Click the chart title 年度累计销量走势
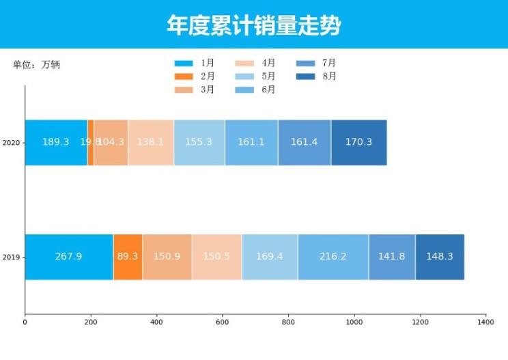pos(254,25)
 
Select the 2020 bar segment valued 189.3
pos(56,142)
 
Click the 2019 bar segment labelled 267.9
pos(69,257)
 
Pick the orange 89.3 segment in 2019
pos(128,257)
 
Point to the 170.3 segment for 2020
pos(359,142)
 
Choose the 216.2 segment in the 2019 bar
pos(333,257)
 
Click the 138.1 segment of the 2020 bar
pos(151,142)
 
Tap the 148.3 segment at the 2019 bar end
pos(440,257)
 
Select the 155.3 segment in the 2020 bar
pos(199,142)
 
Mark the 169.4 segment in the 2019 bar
pos(270,257)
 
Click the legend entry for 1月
pos(195,63)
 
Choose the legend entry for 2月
pos(195,76)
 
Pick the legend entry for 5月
pos(255,76)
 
